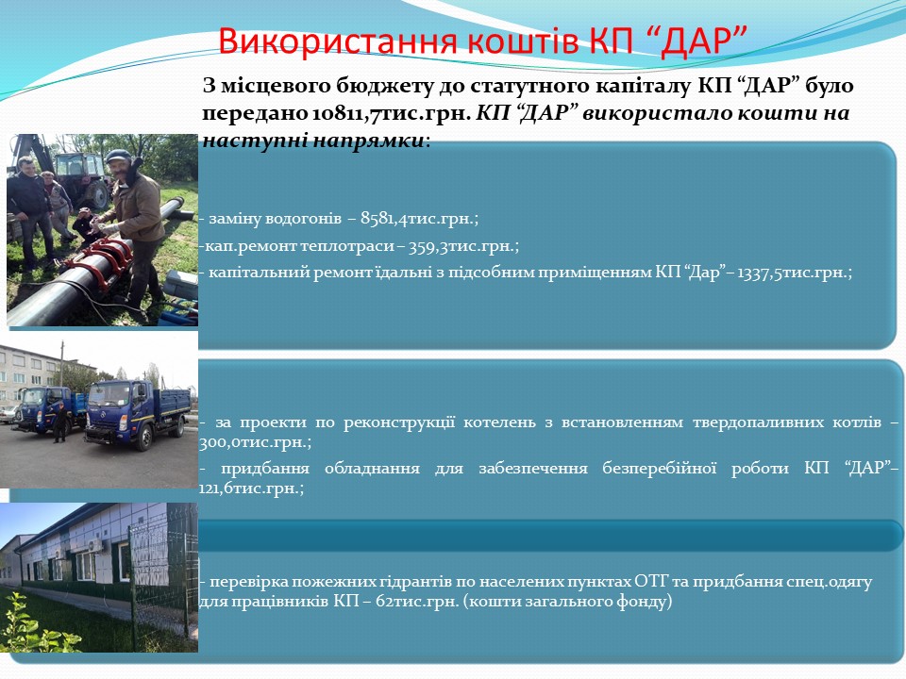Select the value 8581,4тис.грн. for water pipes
tap(419, 218)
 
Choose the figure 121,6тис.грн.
tap(251, 489)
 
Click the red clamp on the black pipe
tap(109, 253)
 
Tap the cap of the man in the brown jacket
tap(119, 156)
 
